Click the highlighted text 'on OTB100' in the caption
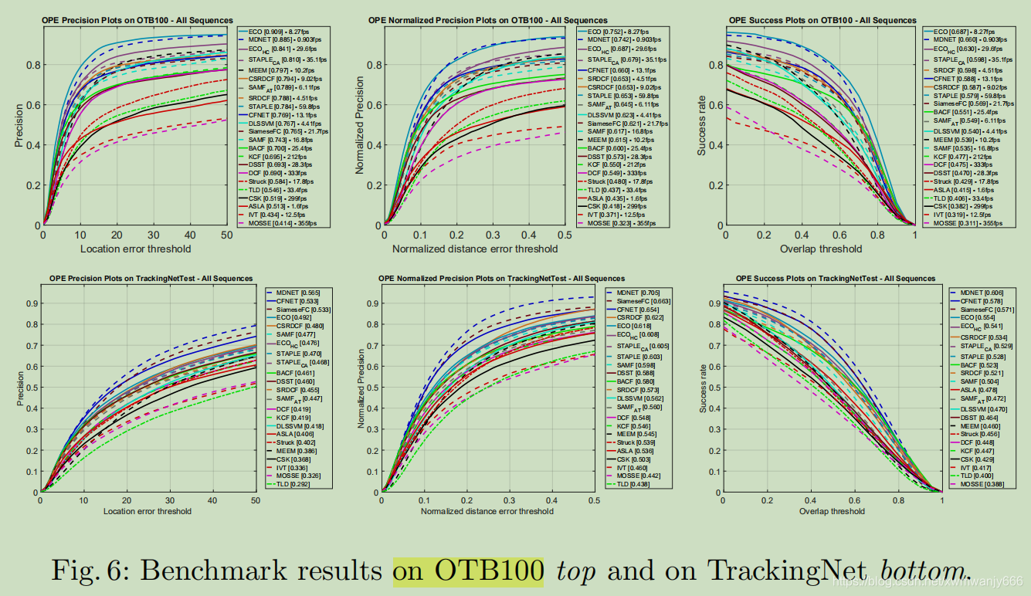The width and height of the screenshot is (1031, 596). pyautogui.click(x=467, y=571)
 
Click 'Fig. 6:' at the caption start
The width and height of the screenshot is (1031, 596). pyautogui.click(x=93, y=571)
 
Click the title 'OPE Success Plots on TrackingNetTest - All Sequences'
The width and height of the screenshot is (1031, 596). pyautogui.click(x=825, y=279)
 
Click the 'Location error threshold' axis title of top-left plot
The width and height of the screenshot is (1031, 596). pyautogui.click(x=135, y=249)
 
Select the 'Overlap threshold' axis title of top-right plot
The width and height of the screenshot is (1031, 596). pyautogui.click(x=820, y=249)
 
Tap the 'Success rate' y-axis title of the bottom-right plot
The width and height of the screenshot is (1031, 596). pyautogui.click(x=704, y=393)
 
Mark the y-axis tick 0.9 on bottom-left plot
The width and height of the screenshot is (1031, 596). pyautogui.click(x=32, y=303)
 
